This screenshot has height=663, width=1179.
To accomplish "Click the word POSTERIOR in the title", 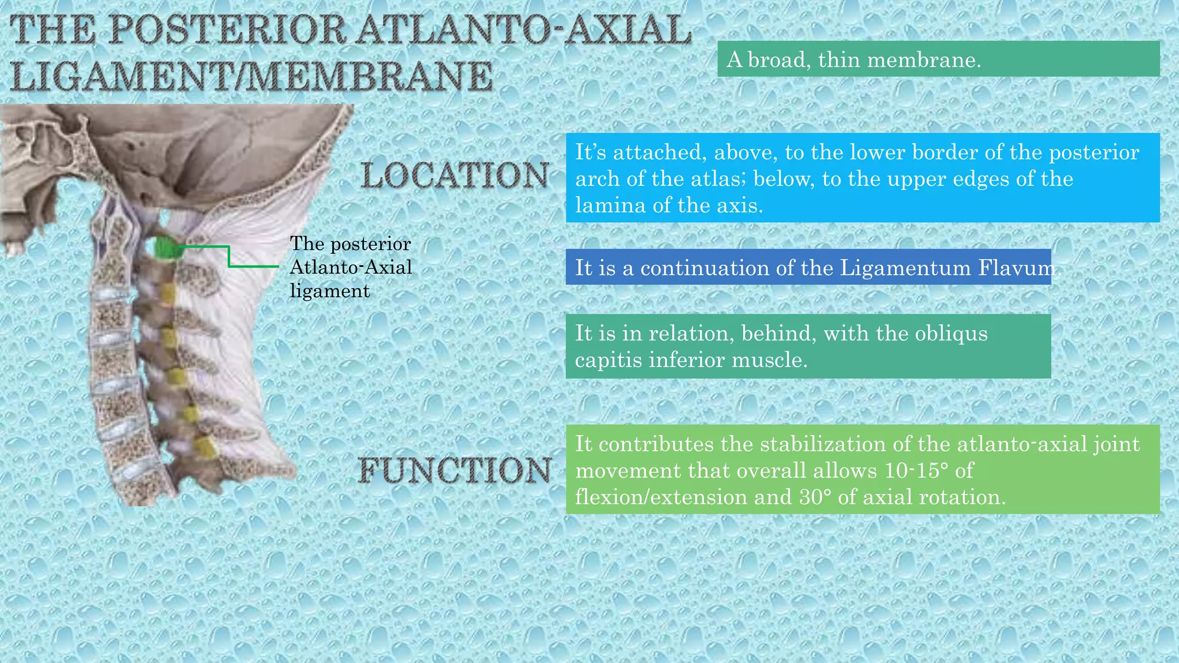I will [227, 30].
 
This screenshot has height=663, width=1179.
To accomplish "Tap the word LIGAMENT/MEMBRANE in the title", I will [252, 77].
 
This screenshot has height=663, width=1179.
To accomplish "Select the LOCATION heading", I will [455, 176].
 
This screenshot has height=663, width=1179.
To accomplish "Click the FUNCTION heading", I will [455, 470].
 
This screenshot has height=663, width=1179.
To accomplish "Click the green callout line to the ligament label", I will [229, 257].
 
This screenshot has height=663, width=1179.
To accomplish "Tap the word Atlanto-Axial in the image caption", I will [351, 267].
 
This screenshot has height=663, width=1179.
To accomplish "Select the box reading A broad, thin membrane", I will [938, 59].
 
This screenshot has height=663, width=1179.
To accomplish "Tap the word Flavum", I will [1018, 268].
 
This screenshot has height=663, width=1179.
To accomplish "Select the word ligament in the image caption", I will [329, 291].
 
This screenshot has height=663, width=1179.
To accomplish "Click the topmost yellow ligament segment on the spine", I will [167, 293].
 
